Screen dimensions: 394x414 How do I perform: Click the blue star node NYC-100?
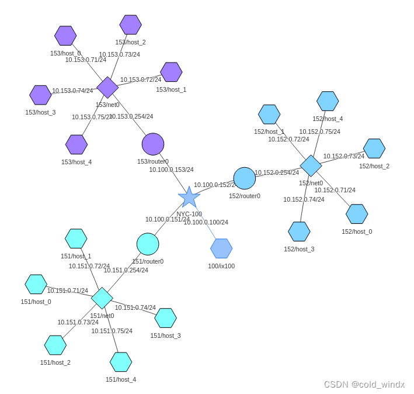click(189, 198)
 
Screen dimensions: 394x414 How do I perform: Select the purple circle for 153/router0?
click(153, 144)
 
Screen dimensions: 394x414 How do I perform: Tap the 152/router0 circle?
click(245, 178)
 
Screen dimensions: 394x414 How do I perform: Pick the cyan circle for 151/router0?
click(148, 244)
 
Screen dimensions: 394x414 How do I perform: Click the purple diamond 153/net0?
click(107, 87)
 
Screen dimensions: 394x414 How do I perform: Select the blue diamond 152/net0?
click(311, 165)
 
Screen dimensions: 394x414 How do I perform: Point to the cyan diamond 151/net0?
click(102, 298)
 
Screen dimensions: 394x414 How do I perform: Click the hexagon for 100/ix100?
click(221, 248)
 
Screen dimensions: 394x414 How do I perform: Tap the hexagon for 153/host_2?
click(131, 25)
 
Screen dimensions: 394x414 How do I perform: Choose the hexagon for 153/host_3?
click(41, 95)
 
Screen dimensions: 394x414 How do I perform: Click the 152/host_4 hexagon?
click(328, 101)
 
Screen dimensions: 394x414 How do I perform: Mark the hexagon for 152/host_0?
click(357, 214)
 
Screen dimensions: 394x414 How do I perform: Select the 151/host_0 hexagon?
click(36, 284)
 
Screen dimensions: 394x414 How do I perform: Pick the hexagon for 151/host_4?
click(121, 362)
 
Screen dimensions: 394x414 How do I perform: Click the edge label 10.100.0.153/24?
click(171, 170)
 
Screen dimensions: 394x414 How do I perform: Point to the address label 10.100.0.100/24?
click(206, 222)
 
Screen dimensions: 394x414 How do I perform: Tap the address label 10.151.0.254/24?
click(126, 270)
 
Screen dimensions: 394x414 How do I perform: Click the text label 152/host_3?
click(299, 249)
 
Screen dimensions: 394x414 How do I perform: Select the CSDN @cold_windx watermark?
click(364, 384)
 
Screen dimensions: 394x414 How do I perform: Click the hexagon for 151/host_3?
click(166, 318)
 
